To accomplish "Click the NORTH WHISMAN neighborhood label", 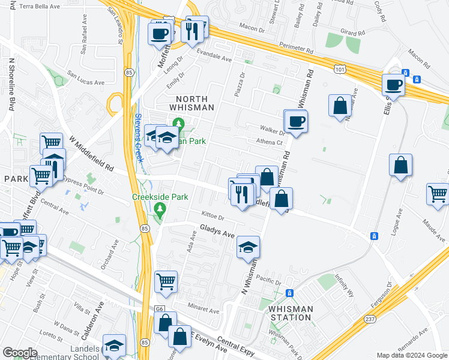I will click(194, 103).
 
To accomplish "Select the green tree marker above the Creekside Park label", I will click(159, 209).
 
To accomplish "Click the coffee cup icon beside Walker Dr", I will click(295, 122).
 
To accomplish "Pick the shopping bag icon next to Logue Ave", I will click(400, 166).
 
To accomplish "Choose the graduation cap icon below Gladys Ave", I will click(248, 248).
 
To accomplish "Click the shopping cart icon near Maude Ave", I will click(438, 194).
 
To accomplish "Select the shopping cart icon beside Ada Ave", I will click(166, 281).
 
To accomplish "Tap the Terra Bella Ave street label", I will click(40, 6).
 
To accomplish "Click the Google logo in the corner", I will click(20, 353).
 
